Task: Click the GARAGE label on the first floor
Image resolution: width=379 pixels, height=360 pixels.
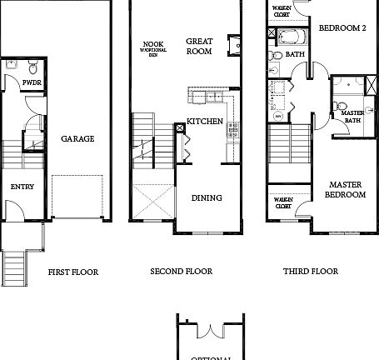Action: tap(77, 139)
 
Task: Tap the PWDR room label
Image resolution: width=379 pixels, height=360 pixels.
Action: tap(32, 83)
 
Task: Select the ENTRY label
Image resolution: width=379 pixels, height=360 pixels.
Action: tap(22, 187)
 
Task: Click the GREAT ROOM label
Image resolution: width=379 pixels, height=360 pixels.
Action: tap(199, 46)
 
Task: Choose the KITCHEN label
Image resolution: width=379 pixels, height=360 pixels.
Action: tap(204, 122)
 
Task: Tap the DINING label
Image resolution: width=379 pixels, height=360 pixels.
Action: tap(207, 198)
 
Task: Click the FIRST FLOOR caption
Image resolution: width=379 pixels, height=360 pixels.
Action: tap(73, 272)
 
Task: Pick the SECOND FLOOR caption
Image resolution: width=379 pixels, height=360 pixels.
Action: tap(181, 272)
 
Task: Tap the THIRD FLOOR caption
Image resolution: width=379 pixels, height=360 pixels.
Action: tap(310, 272)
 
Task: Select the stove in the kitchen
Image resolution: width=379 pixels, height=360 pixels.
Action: tap(232, 129)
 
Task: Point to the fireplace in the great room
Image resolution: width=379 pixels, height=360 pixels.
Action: tap(234, 43)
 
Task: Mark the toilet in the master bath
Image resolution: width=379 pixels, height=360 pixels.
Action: tap(340, 107)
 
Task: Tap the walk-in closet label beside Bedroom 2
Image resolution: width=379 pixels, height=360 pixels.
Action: tap(280, 10)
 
